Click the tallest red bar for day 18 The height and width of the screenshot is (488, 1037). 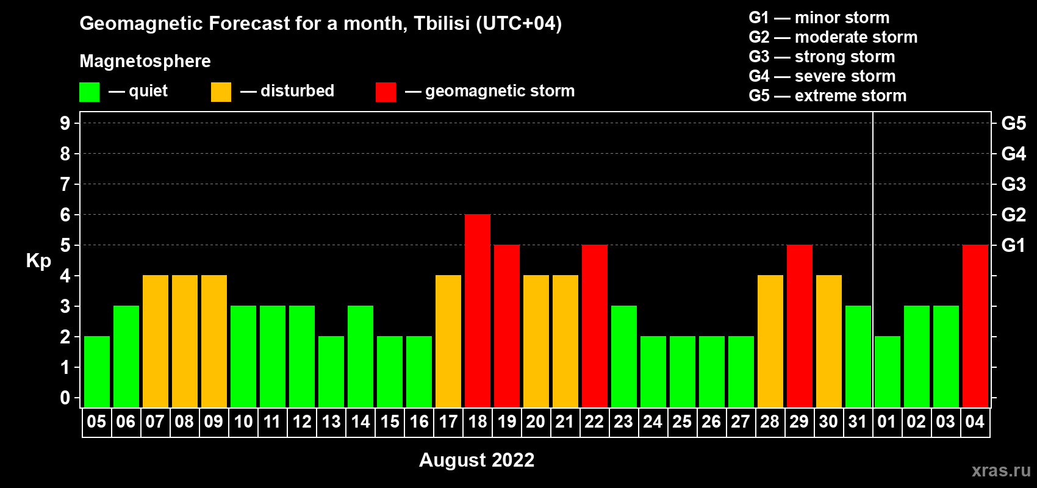pos(478,310)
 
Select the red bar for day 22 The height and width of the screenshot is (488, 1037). pos(595,326)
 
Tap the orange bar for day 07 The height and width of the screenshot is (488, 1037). pos(156,341)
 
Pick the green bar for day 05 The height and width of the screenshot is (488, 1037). pos(97,371)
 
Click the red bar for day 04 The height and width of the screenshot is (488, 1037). pos(975,326)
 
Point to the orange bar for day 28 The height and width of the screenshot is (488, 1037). pos(770,341)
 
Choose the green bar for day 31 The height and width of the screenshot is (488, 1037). pos(858,356)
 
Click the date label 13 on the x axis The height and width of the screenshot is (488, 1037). pos(331,422)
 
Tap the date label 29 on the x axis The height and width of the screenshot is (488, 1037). pos(800,422)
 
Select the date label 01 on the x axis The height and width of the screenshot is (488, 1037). pos(887,422)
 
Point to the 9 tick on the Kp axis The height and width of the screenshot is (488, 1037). pos(65,123)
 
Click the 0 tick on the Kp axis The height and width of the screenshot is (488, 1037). pos(65,398)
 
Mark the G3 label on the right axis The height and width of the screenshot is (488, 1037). pos(1014,184)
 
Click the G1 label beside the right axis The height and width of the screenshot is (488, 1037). pos(1014,245)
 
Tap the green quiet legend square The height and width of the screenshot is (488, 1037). pos(89,91)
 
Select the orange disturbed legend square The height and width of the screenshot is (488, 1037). pos(221,91)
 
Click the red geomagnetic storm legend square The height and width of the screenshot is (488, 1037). pos(386,91)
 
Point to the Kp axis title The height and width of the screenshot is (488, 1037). pos(38,260)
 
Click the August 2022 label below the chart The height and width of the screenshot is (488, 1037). pos(477,460)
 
